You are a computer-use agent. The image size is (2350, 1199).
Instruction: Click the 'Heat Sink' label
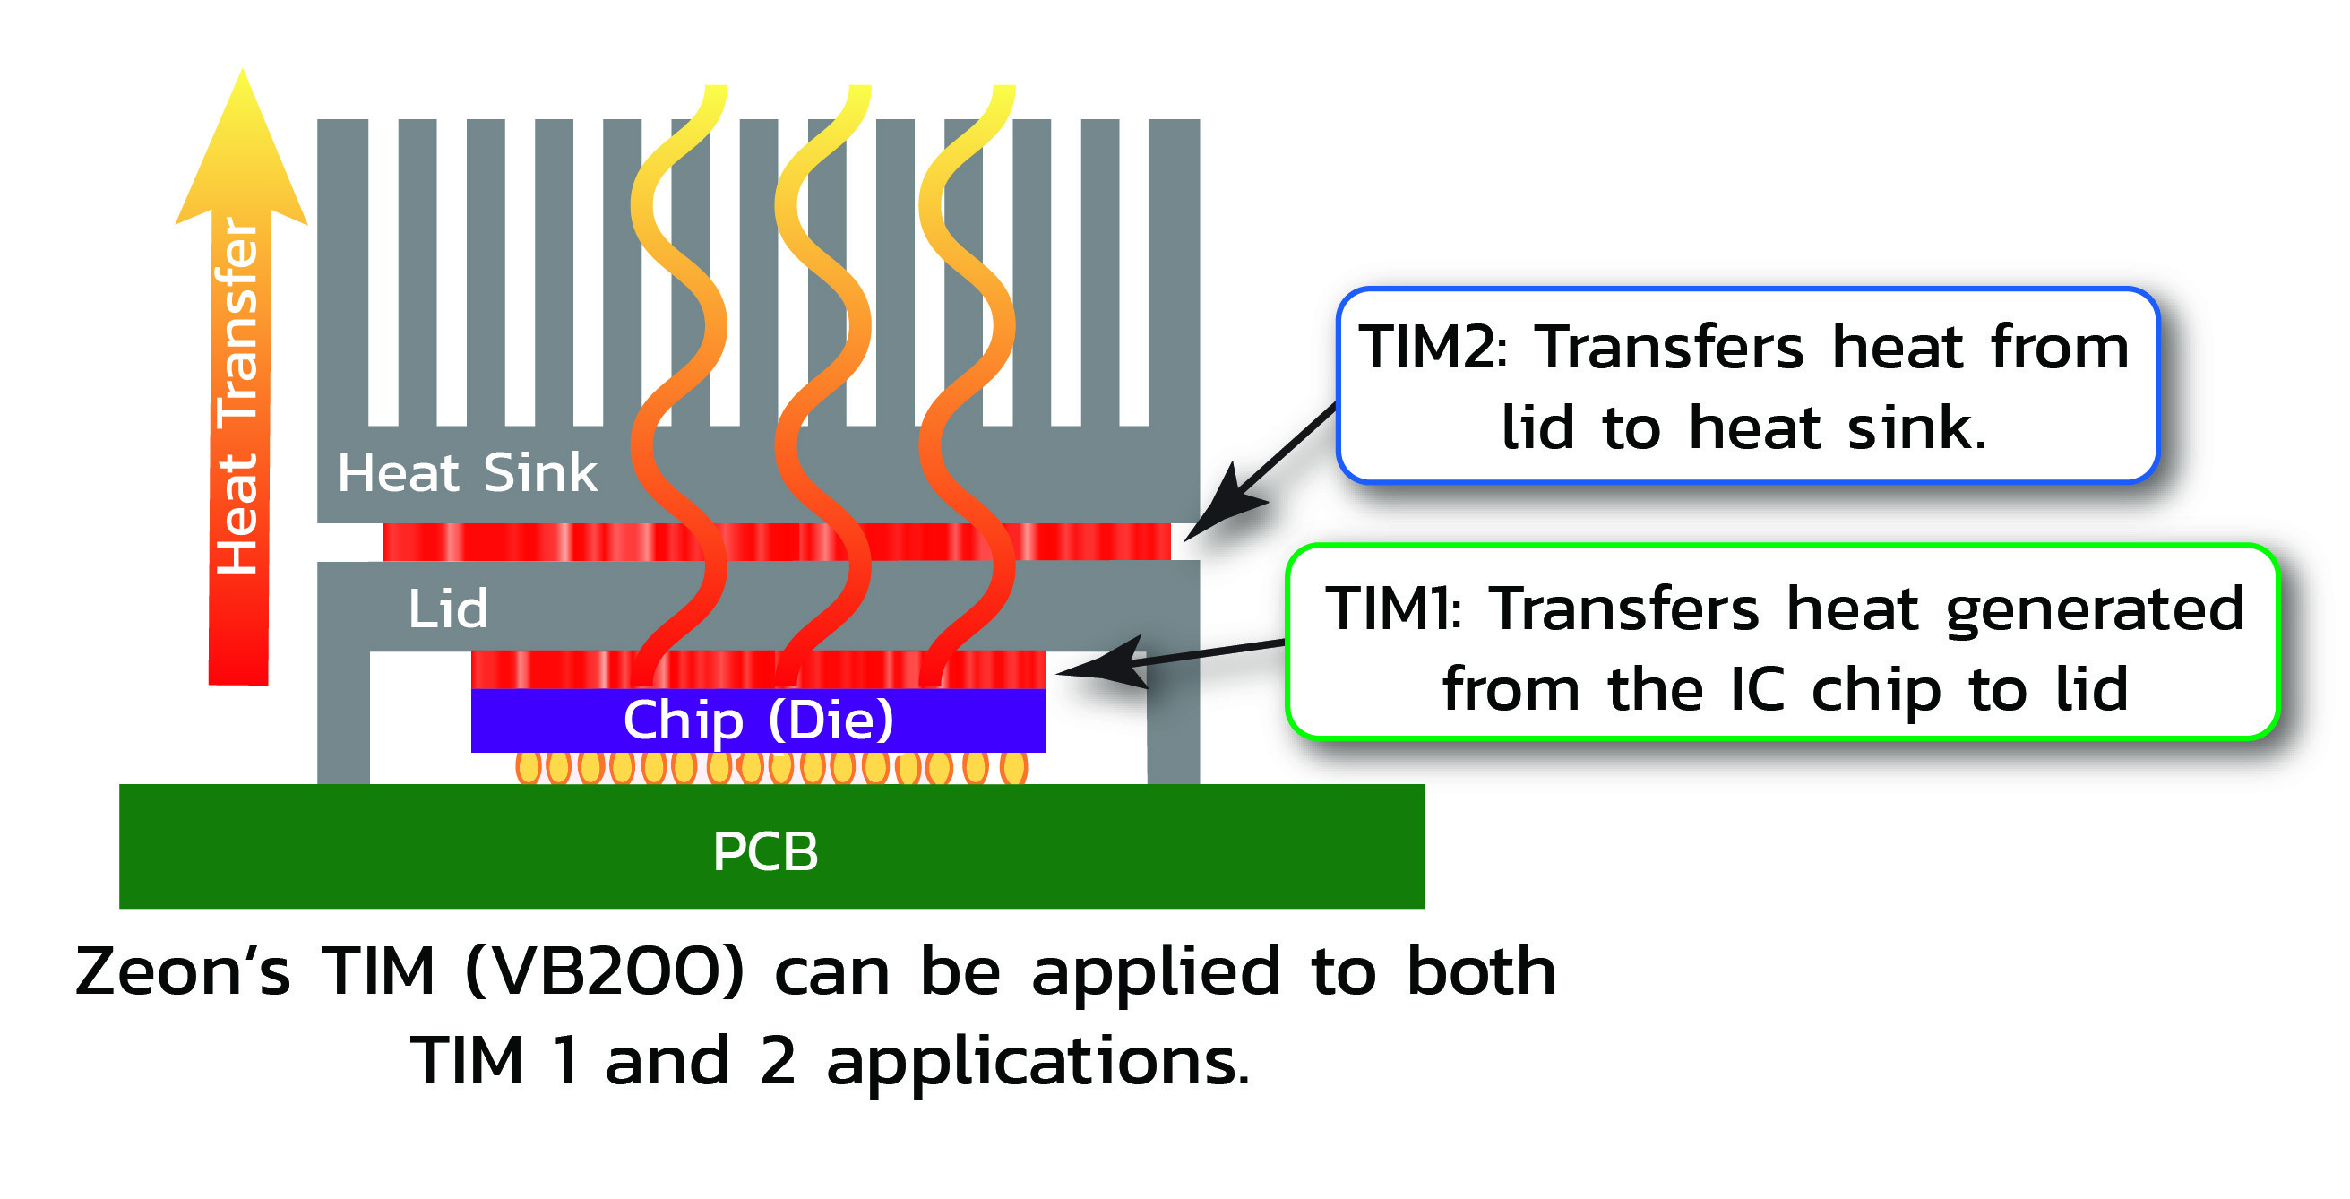pyautogui.click(x=467, y=473)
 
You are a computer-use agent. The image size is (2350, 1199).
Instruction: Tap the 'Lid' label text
pyautogui.click(x=448, y=608)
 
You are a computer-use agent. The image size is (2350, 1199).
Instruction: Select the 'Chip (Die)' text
pyautogui.click(x=758, y=720)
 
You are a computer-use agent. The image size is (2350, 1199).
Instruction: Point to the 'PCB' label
pyautogui.click(x=765, y=851)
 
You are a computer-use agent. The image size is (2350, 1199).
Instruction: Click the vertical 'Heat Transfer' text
pyautogui.click(x=237, y=397)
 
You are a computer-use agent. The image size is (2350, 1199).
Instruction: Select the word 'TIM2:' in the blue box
pyautogui.click(x=1433, y=348)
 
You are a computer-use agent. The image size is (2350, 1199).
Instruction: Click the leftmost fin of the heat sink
pyautogui.click(x=342, y=273)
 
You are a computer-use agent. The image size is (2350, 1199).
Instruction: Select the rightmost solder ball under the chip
pyautogui.click(x=1013, y=767)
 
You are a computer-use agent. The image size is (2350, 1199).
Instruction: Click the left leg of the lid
pyautogui.click(x=343, y=716)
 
